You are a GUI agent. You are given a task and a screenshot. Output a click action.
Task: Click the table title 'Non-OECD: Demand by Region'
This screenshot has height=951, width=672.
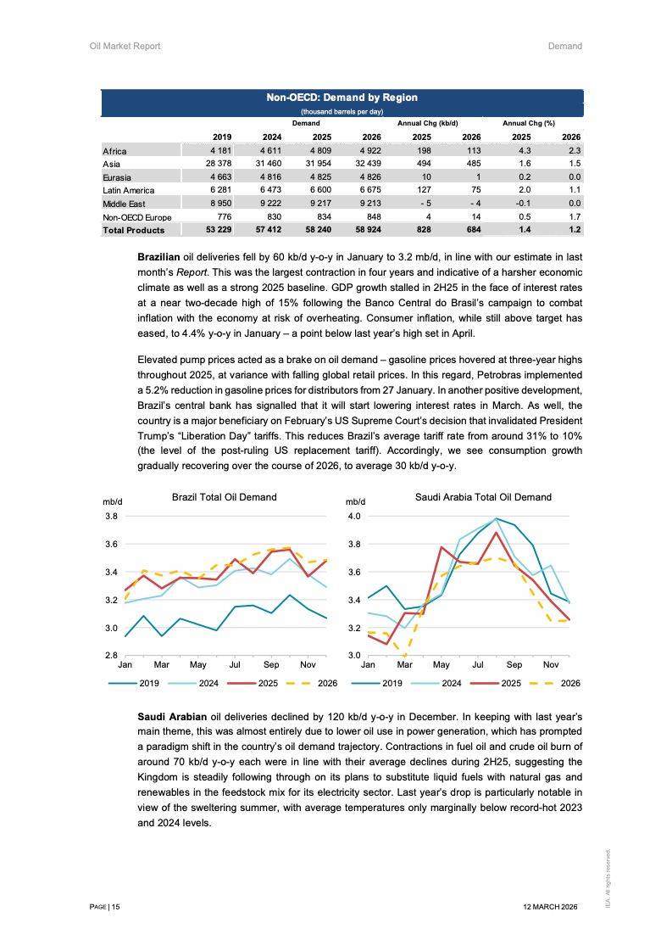click(342, 98)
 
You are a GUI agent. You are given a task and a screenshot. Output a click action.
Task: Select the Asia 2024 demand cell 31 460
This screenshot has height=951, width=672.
click(264, 164)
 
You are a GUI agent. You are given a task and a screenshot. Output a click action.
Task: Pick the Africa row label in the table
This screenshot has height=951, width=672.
click(114, 151)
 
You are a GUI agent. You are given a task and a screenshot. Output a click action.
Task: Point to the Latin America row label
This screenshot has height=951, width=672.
click(128, 190)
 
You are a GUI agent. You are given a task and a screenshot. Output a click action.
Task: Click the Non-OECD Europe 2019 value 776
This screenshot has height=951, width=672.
click(222, 217)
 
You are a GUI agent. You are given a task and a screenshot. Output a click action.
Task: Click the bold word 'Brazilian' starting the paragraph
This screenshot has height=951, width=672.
click(161, 256)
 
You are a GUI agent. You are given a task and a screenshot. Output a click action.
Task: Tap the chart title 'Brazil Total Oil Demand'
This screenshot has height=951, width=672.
click(224, 497)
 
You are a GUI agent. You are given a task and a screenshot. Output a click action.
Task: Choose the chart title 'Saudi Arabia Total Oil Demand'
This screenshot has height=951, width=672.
click(483, 497)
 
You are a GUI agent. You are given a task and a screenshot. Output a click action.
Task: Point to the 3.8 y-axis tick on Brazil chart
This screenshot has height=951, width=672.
click(111, 516)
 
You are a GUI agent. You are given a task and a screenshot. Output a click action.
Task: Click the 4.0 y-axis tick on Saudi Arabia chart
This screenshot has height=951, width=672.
click(354, 516)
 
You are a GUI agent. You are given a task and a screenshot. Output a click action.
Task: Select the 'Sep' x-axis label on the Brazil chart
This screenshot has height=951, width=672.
click(271, 664)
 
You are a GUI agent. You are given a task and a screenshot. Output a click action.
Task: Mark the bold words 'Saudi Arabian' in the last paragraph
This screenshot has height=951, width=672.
click(172, 717)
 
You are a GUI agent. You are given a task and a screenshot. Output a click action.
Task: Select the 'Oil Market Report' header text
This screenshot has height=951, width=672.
click(125, 46)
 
